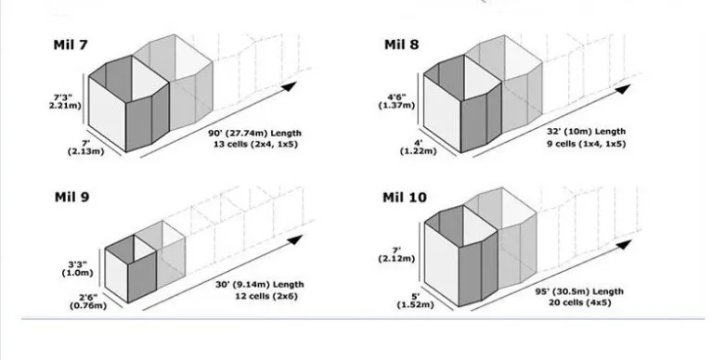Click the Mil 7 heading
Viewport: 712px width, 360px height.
coord(71,45)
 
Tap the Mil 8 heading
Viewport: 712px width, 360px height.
coord(401,45)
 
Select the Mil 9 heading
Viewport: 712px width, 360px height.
coord(71,197)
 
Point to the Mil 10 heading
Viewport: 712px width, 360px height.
coord(405,198)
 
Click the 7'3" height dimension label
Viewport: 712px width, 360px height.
coord(65,101)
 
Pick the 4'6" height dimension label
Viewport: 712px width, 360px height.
coord(397,101)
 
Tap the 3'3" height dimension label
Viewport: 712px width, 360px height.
coord(78,268)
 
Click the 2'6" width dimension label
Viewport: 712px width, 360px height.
coord(88,301)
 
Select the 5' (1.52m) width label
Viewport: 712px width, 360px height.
coord(415,301)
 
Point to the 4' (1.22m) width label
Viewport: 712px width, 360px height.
coord(418,148)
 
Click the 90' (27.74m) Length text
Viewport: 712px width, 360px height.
coord(254,133)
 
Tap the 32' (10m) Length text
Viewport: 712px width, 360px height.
coord(587,131)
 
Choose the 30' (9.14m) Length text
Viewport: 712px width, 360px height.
coord(259,285)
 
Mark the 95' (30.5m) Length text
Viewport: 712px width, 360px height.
coord(579,291)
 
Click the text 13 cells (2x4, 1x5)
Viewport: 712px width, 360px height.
coord(255,145)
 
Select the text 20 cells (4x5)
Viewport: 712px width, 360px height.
coord(579,302)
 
